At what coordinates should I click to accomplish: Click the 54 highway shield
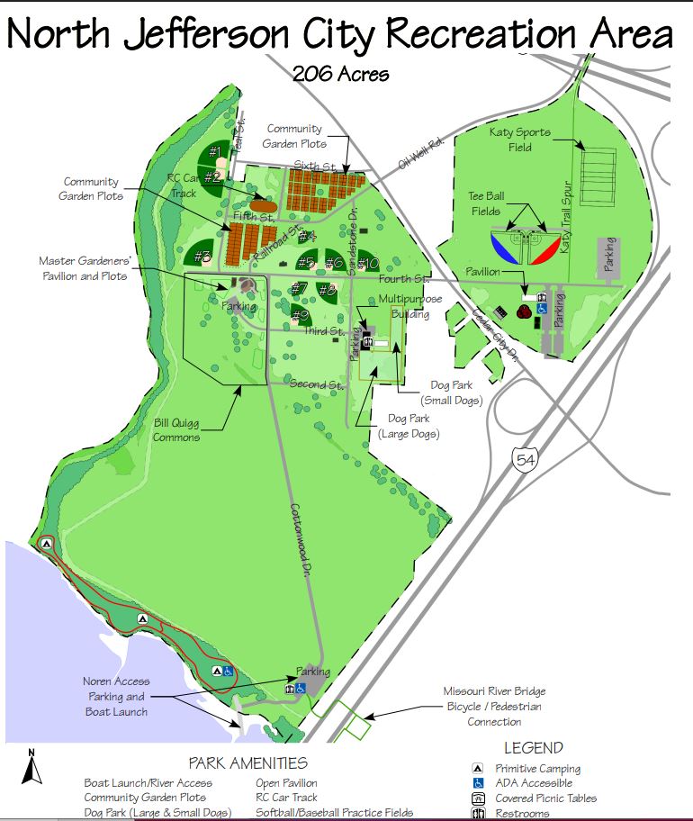coord(523,460)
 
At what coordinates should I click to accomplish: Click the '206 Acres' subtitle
coord(340,73)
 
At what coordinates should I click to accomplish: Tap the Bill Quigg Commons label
coord(175,429)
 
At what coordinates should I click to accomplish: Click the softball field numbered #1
coord(215,152)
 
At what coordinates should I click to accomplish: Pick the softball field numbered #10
coord(367,264)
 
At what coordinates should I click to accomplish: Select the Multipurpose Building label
coord(404,306)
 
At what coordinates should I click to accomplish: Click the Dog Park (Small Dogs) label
coord(452,392)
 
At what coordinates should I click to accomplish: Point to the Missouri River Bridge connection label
coord(494,706)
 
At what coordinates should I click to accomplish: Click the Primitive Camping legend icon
coord(479,768)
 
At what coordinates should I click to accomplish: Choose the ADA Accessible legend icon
coord(479,783)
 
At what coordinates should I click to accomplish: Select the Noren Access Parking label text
coord(116,696)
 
